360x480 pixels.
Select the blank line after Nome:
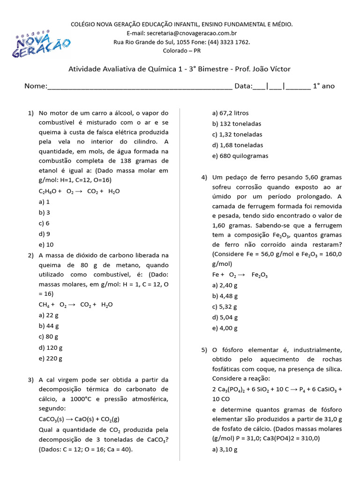click(x=139, y=87)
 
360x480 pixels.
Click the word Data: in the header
click(x=243, y=86)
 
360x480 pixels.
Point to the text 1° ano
click(x=324, y=86)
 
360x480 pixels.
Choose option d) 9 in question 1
click(x=45, y=234)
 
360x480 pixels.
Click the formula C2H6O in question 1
click(x=47, y=191)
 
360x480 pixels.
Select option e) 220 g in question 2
click(x=51, y=359)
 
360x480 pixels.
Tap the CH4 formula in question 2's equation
click(x=45, y=305)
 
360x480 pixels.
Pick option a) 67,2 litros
click(x=231, y=113)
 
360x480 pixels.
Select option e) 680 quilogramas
click(x=240, y=156)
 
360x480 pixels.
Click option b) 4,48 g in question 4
click(x=225, y=296)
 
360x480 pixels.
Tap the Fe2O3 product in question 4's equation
click(x=260, y=275)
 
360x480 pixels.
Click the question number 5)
click(x=204, y=350)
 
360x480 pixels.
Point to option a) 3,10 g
click(x=225, y=450)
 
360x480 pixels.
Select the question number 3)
click(x=31, y=380)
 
